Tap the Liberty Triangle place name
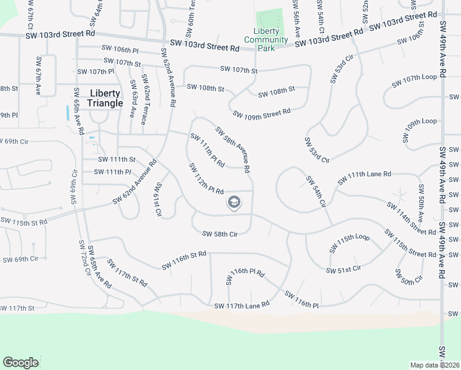105,98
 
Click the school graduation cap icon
234,202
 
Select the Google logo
21,363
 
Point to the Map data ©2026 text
435,365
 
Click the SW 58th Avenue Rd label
232,150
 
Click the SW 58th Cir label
219,234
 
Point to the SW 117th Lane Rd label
242,305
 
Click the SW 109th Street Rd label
262,113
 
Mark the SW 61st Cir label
158,200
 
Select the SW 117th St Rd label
127,273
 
